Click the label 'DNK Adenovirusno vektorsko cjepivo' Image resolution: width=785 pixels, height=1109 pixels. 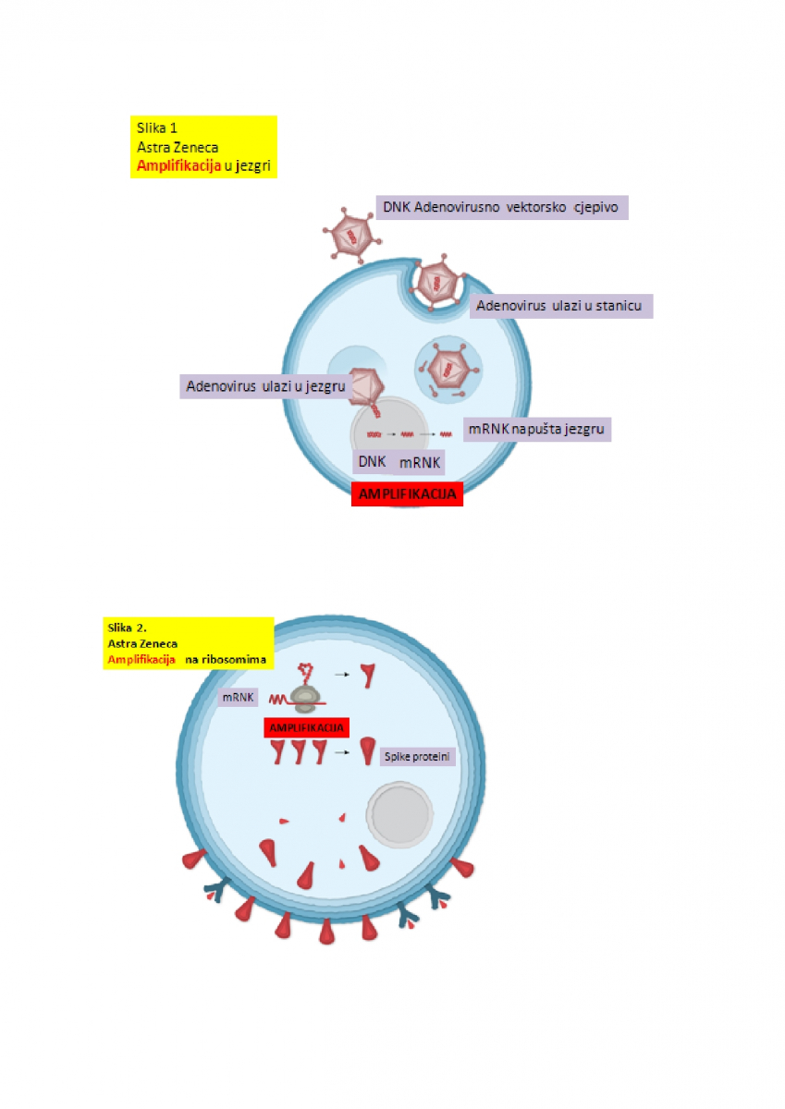[x=501, y=208]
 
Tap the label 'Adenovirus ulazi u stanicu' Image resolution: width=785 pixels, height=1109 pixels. [x=562, y=306]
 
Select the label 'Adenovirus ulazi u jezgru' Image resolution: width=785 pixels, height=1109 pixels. [x=264, y=386]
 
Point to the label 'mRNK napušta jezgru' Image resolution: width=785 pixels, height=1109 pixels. [x=537, y=430]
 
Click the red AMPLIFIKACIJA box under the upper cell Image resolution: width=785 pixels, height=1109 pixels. [x=407, y=494]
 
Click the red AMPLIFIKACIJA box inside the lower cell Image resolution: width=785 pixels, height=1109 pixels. [x=307, y=727]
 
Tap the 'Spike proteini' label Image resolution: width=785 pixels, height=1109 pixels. [x=419, y=757]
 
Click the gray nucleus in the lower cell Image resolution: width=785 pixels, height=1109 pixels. [x=399, y=811]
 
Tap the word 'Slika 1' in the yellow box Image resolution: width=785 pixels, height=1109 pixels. [x=157, y=128]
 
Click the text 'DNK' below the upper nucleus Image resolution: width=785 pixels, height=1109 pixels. [x=373, y=460]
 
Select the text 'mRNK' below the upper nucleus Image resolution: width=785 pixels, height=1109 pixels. [x=420, y=462]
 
